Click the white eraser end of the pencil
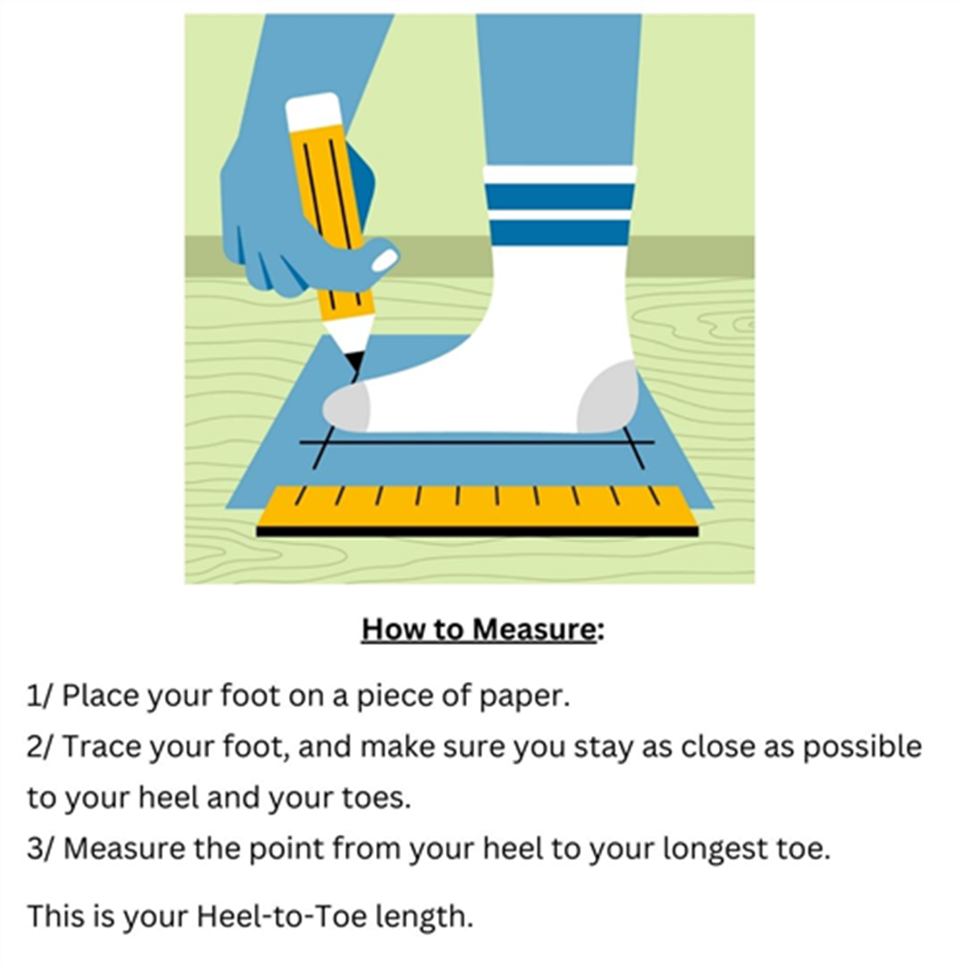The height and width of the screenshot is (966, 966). click(x=314, y=114)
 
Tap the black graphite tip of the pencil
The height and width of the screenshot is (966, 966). click(x=355, y=361)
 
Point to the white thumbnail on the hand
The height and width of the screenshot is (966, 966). click(x=385, y=261)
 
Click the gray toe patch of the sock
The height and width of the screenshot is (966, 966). click(x=346, y=408)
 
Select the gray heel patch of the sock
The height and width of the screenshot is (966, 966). click(x=608, y=397)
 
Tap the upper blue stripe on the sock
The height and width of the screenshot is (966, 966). click(x=559, y=196)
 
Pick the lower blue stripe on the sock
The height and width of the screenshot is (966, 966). click(x=559, y=232)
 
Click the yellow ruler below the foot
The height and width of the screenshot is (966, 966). click(x=477, y=510)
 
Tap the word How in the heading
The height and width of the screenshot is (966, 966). click(x=390, y=630)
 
